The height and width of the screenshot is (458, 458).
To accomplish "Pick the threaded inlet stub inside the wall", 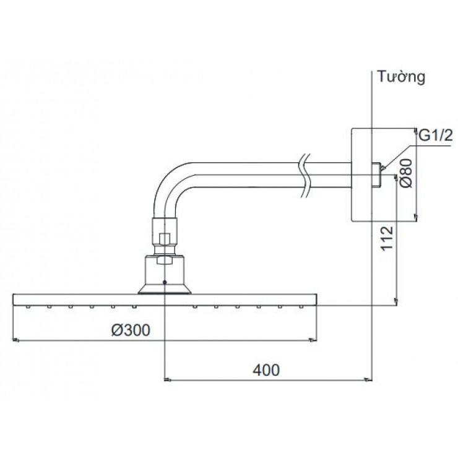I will [x=376, y=175].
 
